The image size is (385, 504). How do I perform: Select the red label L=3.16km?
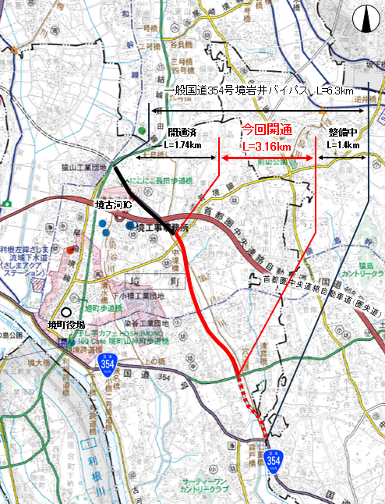pyautogui.click(x=267, y=146)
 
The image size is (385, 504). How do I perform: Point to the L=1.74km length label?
pyautogui.click(x=183, y=145)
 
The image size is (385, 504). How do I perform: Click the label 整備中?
pyautogui.click(x=343, y=133)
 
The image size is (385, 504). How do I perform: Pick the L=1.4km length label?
pyautogui.click(x=343, y=145)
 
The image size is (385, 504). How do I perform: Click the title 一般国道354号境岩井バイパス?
pyautogui.click(x=234, y=92)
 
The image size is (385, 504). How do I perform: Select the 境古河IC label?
pyautogui.click(x=112, y=204)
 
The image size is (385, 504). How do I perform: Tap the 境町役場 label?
pyautogui.click(x=65, y=325)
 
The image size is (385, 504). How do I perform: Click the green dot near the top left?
pyautogui.click(x=141, y=130)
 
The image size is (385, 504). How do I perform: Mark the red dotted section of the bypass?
pyautogui.click(x=254, y=406)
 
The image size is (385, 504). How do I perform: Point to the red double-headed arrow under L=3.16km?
pyautogui.click(x=267, y=158)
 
